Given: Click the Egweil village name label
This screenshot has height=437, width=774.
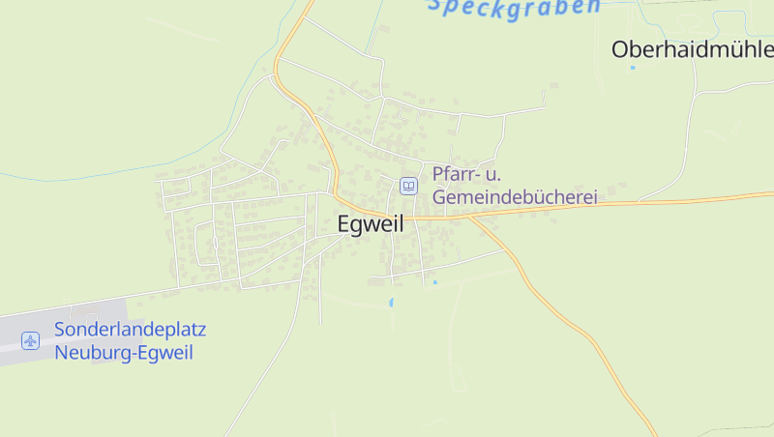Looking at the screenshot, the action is click(x=370, y=223).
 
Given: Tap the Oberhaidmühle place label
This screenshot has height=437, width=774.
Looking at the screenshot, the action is click(x=692, y=49).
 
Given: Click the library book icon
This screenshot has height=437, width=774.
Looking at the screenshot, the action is click(x=409, y=186).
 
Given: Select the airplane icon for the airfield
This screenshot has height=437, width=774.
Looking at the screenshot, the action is click(x=30, y=340).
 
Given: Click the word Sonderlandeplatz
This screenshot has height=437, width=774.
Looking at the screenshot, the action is click(x=130, y=330).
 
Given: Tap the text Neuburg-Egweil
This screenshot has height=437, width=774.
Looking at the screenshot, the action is click(x=124, y=353).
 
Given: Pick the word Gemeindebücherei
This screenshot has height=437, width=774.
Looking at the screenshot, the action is click(x=515, y=196).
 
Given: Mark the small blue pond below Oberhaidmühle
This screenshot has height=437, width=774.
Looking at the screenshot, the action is click(x=633, y=68).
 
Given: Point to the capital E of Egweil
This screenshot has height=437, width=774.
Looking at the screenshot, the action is click(x=343, y=223).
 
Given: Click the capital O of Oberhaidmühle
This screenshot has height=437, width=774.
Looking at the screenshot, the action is click(x=622, y=49).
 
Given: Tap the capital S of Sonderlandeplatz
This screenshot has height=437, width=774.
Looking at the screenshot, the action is click(x=60, y=330).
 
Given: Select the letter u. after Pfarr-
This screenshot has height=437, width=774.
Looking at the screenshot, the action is click(x=492, y=174).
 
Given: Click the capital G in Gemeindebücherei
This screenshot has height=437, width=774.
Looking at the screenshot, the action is click(x=440, y=196).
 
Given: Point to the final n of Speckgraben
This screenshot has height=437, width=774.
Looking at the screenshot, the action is click(x=591, y=7).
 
